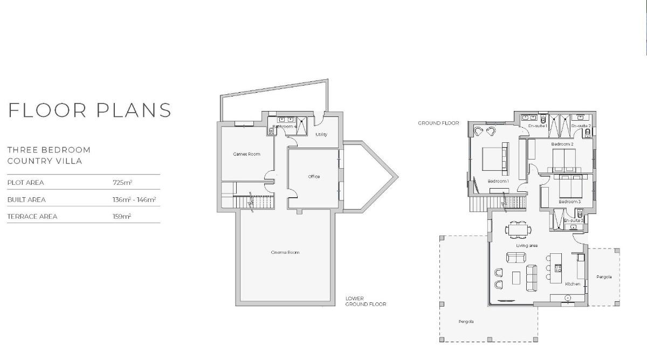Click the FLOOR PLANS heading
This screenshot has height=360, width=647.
[90, 110]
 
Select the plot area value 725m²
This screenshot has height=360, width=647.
[122, 183]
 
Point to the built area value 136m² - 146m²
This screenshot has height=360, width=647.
[134, 199]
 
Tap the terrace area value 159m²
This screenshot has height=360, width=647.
[122, 216]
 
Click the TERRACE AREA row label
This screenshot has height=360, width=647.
[32, 217]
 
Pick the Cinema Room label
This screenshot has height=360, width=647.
[285, 252]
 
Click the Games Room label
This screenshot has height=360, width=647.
[246, 154]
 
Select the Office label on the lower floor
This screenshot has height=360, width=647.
[314, 177]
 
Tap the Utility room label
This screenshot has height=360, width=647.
[321, 135]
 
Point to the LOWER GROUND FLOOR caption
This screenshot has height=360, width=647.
[366, 301]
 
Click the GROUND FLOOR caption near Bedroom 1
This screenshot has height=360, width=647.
[438, 123]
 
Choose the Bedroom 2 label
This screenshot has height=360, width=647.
[562, 144]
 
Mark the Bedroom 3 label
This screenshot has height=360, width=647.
[569, 202]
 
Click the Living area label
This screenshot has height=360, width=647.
[527, 246]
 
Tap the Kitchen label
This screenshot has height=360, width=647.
[573, 283]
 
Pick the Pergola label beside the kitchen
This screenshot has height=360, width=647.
[604, 277]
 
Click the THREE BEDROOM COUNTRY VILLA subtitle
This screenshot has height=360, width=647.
[49, 155]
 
